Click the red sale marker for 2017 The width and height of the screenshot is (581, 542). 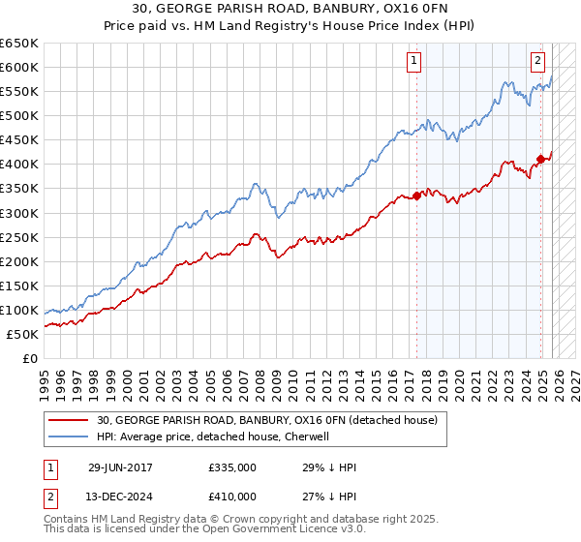(416, 196)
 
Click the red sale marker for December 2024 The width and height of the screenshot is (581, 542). (541, 159)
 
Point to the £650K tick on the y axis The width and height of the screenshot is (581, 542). (19, 44)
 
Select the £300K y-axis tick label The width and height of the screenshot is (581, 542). (19, 213)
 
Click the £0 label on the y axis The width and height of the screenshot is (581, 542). (31, 358)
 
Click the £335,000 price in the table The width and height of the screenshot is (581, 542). (231, 467)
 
